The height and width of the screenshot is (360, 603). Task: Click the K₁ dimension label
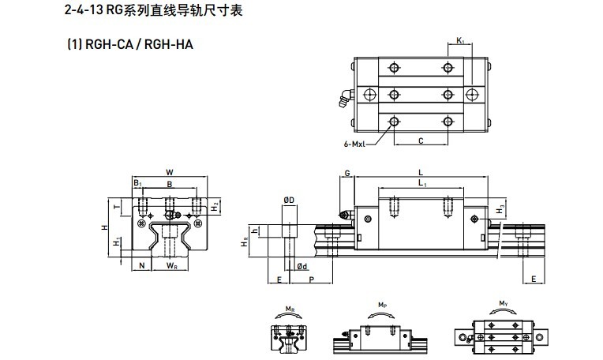(460, 40)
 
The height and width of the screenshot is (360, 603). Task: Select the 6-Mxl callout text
(354, 144)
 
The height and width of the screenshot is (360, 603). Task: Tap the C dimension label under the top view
(421, 141)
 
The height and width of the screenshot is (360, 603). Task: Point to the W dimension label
(169, 172)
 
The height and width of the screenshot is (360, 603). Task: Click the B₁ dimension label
(137, 183)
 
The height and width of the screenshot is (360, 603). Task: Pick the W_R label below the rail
(171, 265)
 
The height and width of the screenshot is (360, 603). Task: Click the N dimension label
(142, 265)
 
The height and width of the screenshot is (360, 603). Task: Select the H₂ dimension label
(215, 207)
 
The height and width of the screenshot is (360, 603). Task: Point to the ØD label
(289, 200)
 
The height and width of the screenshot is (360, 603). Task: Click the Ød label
(302, 266)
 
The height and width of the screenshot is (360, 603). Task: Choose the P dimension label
(312, 279)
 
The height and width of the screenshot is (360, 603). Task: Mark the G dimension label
(347, 173)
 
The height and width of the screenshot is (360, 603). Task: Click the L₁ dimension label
(422, 183)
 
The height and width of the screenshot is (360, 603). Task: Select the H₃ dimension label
(500, 210)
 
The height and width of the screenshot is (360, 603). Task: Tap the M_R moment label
(290, 309)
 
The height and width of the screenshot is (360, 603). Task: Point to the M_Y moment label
(504, 303)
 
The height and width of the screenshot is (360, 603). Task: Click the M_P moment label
(382, 305)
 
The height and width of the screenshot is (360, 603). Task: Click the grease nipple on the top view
(346, 99)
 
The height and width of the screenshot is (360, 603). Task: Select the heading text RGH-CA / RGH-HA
(139, 45)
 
